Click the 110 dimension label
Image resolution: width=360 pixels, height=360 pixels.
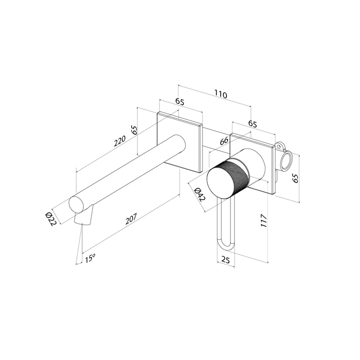pos(221,94)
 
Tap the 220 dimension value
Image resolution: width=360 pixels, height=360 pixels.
pos(120,141)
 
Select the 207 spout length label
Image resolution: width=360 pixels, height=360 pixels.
pos(131,219)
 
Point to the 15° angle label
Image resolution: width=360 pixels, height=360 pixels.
pos(90,258)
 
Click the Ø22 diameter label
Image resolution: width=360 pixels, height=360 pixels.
pos(51,219)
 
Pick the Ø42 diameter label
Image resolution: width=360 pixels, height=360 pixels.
pos(199,194)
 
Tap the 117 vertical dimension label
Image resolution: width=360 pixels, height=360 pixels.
pos(264,221)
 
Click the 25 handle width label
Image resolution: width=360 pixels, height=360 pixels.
pos(226,260)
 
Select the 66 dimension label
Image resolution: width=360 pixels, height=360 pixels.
pos(224,141)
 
